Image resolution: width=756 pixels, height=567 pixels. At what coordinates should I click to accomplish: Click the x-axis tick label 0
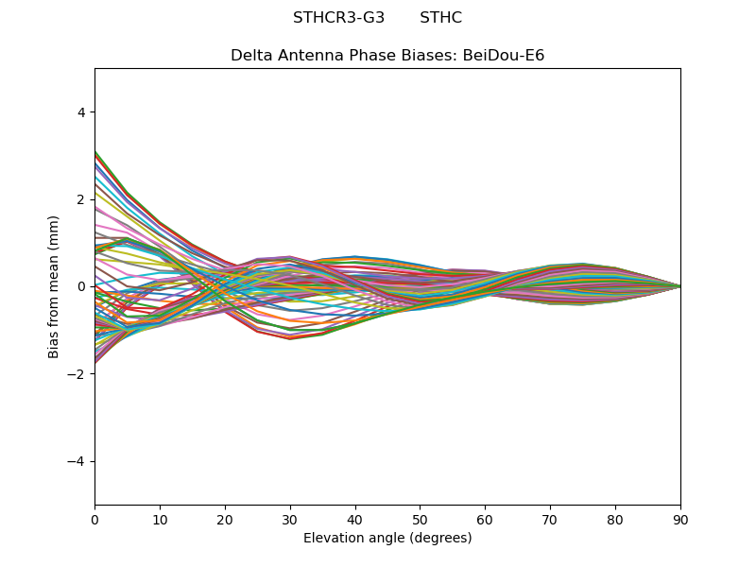pos(95,520)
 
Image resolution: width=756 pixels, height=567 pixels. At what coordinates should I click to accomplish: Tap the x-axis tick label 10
pos(160,520)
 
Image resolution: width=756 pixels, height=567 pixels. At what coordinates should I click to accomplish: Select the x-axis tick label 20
pos(225,520)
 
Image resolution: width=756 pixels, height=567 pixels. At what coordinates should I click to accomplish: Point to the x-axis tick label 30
pos(290,520)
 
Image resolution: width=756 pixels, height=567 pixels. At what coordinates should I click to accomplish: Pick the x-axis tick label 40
pos(355,520)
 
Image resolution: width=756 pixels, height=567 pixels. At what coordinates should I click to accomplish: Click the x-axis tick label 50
pos(421,520)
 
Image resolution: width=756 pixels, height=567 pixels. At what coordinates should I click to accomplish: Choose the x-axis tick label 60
pos(486,520)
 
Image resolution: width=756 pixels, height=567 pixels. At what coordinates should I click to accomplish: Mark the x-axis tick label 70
pos(551,520)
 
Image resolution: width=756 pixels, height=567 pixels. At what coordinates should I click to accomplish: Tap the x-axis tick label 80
pos(616,520)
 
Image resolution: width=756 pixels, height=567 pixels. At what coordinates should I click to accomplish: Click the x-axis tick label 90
pos(680,520)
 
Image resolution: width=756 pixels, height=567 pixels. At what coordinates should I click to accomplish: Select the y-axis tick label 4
pos(81,112)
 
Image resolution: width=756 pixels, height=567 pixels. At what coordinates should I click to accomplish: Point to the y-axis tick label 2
pos(81,199)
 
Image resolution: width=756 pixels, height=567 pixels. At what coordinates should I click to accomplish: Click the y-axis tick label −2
pos(76,374)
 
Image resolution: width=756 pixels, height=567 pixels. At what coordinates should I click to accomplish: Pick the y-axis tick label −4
pos(76,461)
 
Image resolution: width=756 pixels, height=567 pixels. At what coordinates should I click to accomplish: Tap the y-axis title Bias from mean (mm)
pos(53,287)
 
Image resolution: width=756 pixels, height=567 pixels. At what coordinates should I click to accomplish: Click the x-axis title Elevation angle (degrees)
pos(387,538)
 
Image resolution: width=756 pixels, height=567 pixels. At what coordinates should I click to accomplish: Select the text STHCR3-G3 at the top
pos(339,18)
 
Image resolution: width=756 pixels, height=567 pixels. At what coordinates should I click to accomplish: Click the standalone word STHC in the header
pos(440,18)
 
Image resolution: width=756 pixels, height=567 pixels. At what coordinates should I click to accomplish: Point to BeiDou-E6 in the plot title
pos(504,56)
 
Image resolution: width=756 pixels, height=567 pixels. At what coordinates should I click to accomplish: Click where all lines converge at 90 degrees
pos(680,286)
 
